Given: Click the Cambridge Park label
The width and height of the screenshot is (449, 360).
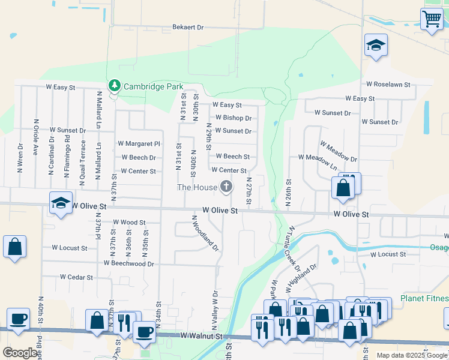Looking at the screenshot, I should click(x=153, y=86).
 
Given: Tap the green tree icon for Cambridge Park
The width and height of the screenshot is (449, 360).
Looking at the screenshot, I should click(x=114, y=86).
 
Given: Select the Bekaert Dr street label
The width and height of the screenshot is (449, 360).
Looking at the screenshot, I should click(x=188, y=27).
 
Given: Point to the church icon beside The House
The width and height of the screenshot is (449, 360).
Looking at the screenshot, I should click(x=226, y=187).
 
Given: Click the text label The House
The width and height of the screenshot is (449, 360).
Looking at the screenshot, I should click(x=197, y=188).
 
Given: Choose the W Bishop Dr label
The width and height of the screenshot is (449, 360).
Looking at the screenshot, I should click(x=233, y=118).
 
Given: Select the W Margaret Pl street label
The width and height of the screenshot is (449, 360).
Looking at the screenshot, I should click(x=139, y=144).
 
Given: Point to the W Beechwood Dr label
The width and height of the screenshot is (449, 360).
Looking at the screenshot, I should click(x=128, y=263).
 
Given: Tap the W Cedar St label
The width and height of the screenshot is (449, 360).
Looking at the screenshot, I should click(x=76, y=278).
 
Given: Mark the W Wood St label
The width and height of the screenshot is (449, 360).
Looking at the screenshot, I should click(x=129, y=222).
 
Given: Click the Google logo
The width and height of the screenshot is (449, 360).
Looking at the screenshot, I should click(x=20, y=353).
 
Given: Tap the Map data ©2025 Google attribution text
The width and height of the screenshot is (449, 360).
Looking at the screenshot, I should click(x=412, y=355).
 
